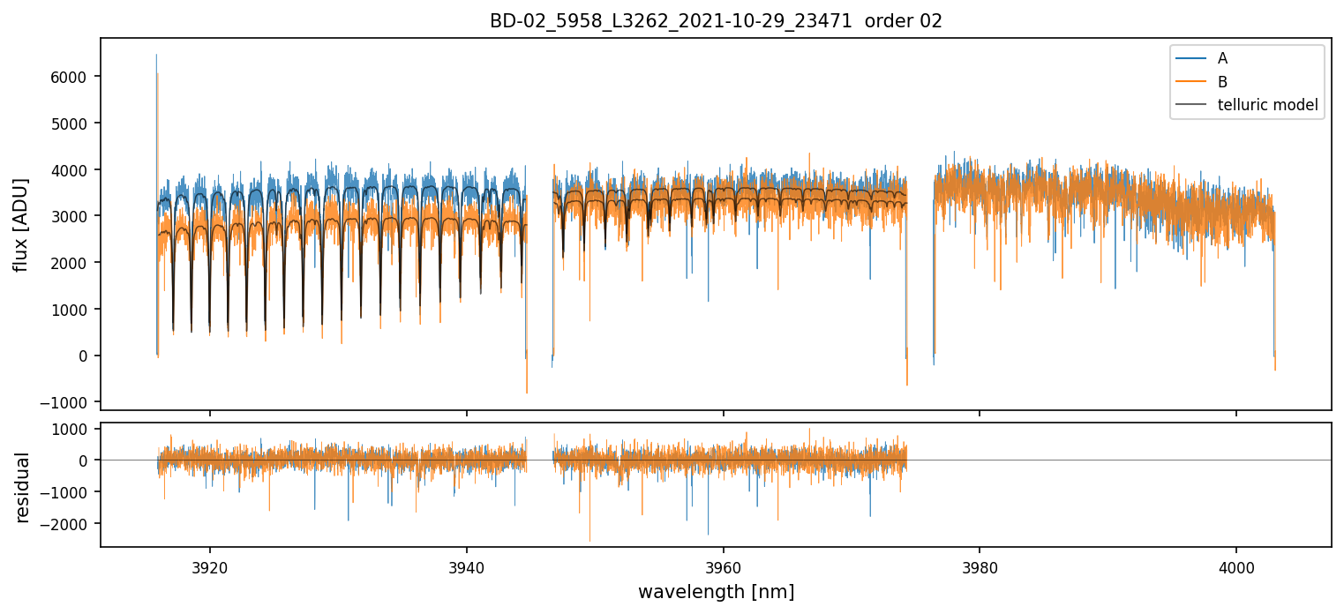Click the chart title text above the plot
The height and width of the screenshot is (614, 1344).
pyautogui.click(x=716, y=21)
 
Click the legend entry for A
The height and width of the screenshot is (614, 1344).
pyautogui.click(x=1222, y=58)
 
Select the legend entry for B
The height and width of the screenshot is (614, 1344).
pyautogui.click(x=1222, y=81)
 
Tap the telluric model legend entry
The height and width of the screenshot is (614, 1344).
pyautogui.click(x=1267, y=105)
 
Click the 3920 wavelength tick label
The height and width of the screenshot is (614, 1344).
pyautogui.click(x=209, y=565)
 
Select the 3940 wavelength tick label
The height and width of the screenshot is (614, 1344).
pyautogui.click(x=466, y=565)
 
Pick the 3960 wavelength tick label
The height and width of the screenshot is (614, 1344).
pyautogui.click(x=723, y=565)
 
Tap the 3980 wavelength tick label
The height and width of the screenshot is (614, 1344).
pyautogui.click(x=980, y=565)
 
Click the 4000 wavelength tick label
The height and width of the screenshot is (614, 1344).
pyautogui.click(x=1235, y=565)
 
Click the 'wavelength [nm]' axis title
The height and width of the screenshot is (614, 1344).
pyautogui.click(x=716, y=591)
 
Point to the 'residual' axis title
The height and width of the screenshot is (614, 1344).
pyautogui.click(x=22, y=487)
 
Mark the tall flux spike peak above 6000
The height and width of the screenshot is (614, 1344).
pyautogui.click(x=156, y=56)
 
